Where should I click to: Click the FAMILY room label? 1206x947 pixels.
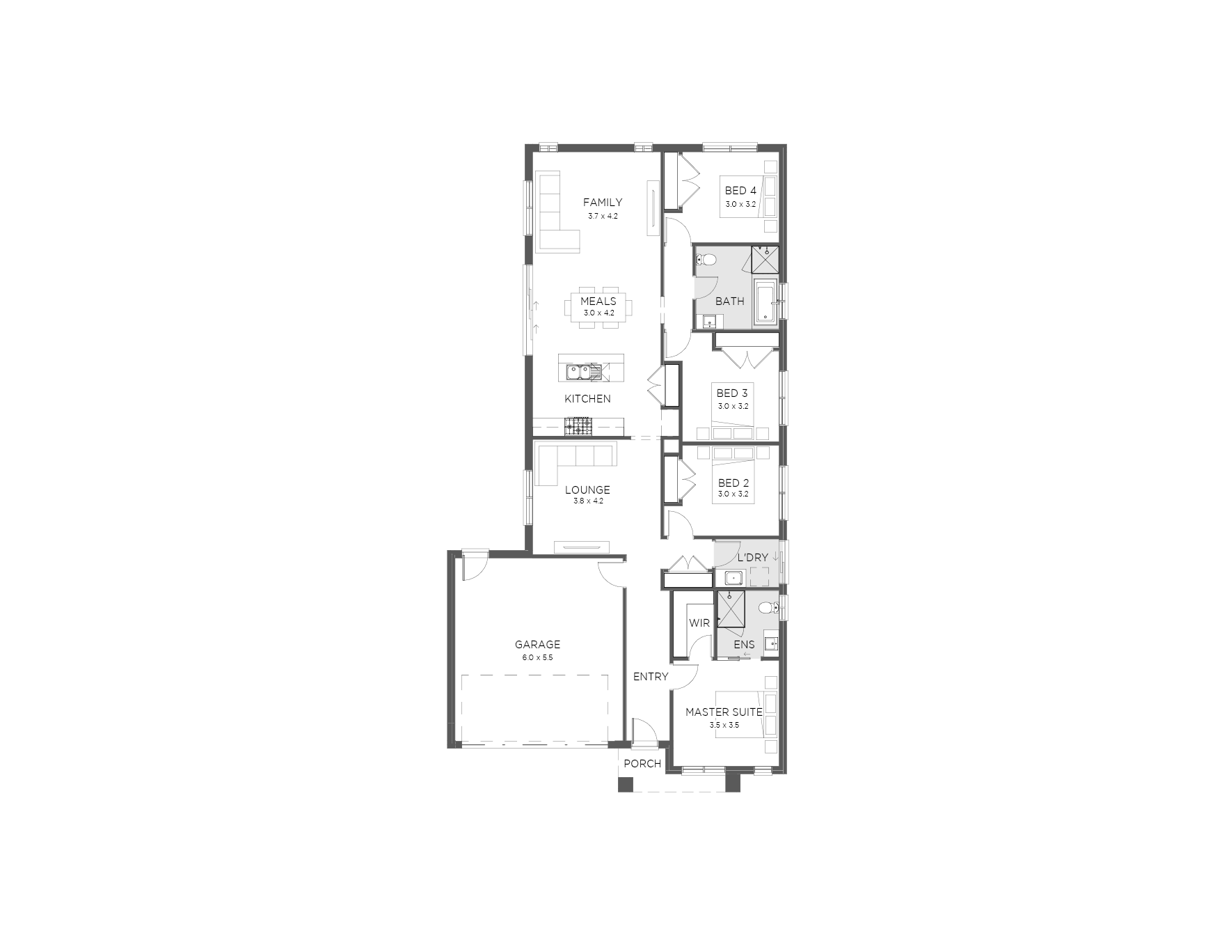coord(603,203)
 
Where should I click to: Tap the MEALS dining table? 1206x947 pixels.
coord(598,307)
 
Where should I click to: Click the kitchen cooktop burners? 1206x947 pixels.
coord(578,427)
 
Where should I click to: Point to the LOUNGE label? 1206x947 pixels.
coord(587,490)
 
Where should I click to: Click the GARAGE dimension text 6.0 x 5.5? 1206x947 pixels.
coord(537,657)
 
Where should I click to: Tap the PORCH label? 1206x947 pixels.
coord(642,764)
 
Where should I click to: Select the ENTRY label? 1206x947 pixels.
coord(651,677)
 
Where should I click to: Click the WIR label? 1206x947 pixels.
coord(699,623)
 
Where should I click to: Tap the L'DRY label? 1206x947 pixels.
coord(752,558)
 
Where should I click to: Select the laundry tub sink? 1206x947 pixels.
coord(734,577)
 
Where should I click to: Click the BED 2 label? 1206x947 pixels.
coord(733,483)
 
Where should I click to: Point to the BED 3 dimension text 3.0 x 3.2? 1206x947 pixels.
coord(733,406)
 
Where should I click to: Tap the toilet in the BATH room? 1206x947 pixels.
coord(706,261)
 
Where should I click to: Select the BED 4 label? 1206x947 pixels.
coord(740,191)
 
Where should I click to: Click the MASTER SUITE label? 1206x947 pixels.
coord(724,712)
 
